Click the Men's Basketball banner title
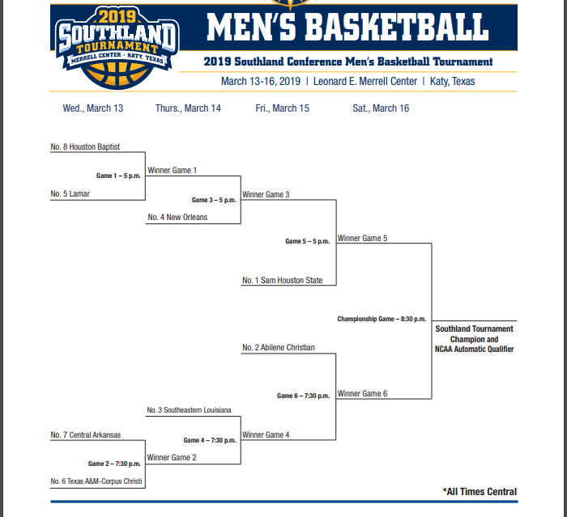pos(347,27)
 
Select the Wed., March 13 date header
pos(93,108)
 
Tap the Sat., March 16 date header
pos(381,108)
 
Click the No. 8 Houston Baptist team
pos(85,147)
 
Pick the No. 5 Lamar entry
pos(70,194)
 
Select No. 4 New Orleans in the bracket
pos(177,218)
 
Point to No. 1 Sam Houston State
pos(282,281)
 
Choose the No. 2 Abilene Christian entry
pos(278,348)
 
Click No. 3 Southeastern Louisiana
pos(189,410)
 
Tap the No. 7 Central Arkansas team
pos(85,435)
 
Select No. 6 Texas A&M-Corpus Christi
pos(96,481)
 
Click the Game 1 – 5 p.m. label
pos(118,176)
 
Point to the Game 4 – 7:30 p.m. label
pos(210,440)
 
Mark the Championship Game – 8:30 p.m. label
pos(382,319)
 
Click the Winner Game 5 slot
pos(362,239)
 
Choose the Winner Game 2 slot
pos(172,458)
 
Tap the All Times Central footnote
pos(480,491)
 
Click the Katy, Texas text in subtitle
pos(452,82)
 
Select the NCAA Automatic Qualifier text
pos(474,350)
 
